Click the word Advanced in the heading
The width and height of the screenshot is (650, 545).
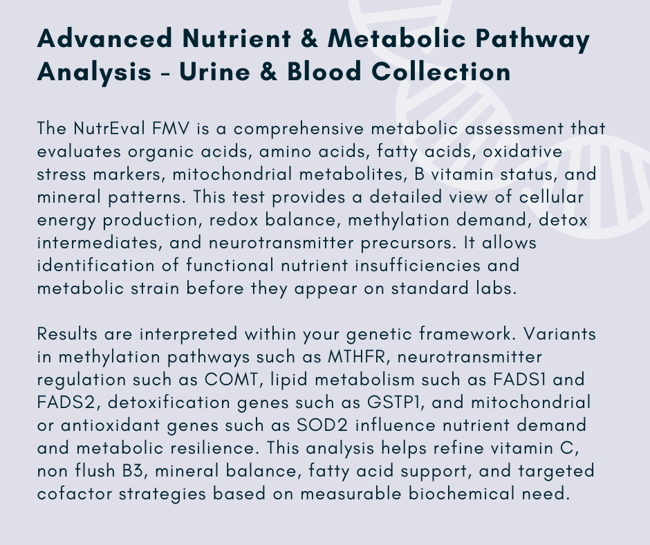click(x=104, y=38)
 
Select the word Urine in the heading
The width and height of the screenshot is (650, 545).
click(x=215, y=71)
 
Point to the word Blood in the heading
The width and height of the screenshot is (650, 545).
click(x=324, y=71)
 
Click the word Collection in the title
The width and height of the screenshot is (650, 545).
click(x=440, y=71)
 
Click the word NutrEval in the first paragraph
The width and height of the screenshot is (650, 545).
click(x=109, y=129)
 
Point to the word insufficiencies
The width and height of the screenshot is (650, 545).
click(x=418, y=266)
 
